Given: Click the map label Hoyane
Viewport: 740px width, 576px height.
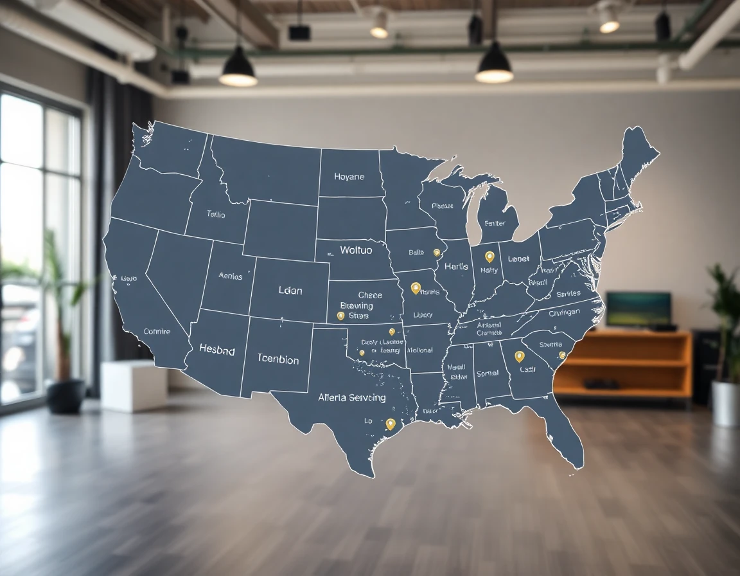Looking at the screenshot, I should coord(349,177).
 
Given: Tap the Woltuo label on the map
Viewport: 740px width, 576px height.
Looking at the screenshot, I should coord(355,250).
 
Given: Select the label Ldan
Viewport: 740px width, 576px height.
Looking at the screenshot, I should coord(290,291).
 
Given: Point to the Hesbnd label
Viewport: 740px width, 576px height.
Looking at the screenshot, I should coord(216,350).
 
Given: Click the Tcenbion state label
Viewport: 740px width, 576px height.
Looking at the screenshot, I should coord(277,359).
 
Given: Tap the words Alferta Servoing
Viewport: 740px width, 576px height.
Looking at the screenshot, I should coord(352,397).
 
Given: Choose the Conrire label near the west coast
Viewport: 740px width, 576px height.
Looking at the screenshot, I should coord(157,332).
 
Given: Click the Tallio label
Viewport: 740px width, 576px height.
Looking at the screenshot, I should coord(216,215).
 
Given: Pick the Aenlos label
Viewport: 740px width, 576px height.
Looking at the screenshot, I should coord(230,276).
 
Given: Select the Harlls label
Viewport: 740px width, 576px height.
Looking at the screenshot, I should coord(455,266).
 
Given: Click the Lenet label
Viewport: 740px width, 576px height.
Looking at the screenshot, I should coord(518,259).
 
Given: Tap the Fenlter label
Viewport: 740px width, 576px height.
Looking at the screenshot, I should coord(495,224).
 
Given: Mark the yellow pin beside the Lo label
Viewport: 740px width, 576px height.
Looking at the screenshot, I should coord(390,424).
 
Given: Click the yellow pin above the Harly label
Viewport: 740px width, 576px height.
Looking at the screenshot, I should coord(489,256).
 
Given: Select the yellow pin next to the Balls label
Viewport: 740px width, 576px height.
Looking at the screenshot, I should coord(437,253).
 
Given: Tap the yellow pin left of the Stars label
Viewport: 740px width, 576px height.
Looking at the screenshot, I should coord(340,316).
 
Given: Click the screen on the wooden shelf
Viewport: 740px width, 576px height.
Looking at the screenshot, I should coord(638,309).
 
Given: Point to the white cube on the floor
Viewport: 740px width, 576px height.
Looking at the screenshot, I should coord(134,386).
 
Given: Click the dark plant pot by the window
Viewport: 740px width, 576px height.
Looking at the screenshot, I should coord(66,395).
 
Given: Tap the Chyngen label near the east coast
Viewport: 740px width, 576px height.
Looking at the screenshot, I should coord(564,312).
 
